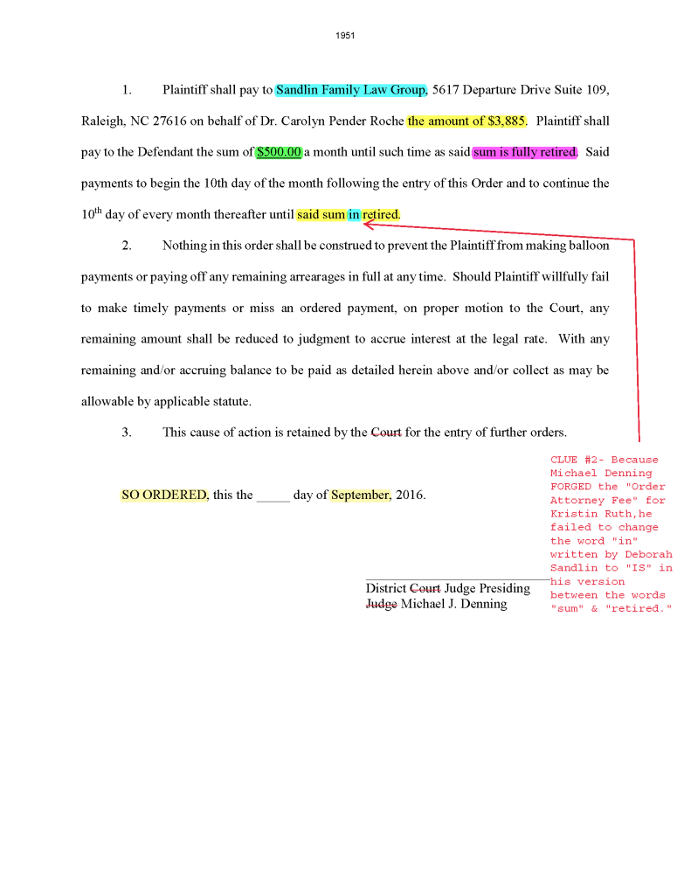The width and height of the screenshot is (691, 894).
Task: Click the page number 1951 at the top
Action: (345, 36)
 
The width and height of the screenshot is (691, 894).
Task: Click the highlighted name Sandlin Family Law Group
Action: (350, 90)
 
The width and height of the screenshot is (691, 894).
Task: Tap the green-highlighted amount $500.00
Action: (279, 152)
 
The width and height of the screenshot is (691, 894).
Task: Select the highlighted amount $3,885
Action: (466, 121)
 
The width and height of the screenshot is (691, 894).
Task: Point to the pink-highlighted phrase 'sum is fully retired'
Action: (524, 152)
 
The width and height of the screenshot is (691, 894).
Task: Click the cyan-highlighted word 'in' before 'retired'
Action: (354, 214)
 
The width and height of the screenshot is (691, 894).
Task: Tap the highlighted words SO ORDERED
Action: (164, 495)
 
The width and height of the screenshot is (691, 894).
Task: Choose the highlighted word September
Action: (360, 495)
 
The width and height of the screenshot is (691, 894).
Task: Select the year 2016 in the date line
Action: (411, 495)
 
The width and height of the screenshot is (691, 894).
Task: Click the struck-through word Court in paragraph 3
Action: (386, 432)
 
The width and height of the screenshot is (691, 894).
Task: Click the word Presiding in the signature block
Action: (504, 588)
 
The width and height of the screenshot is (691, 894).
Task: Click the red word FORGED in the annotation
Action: (570, 487)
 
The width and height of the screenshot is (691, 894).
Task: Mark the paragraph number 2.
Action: (127, 246)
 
